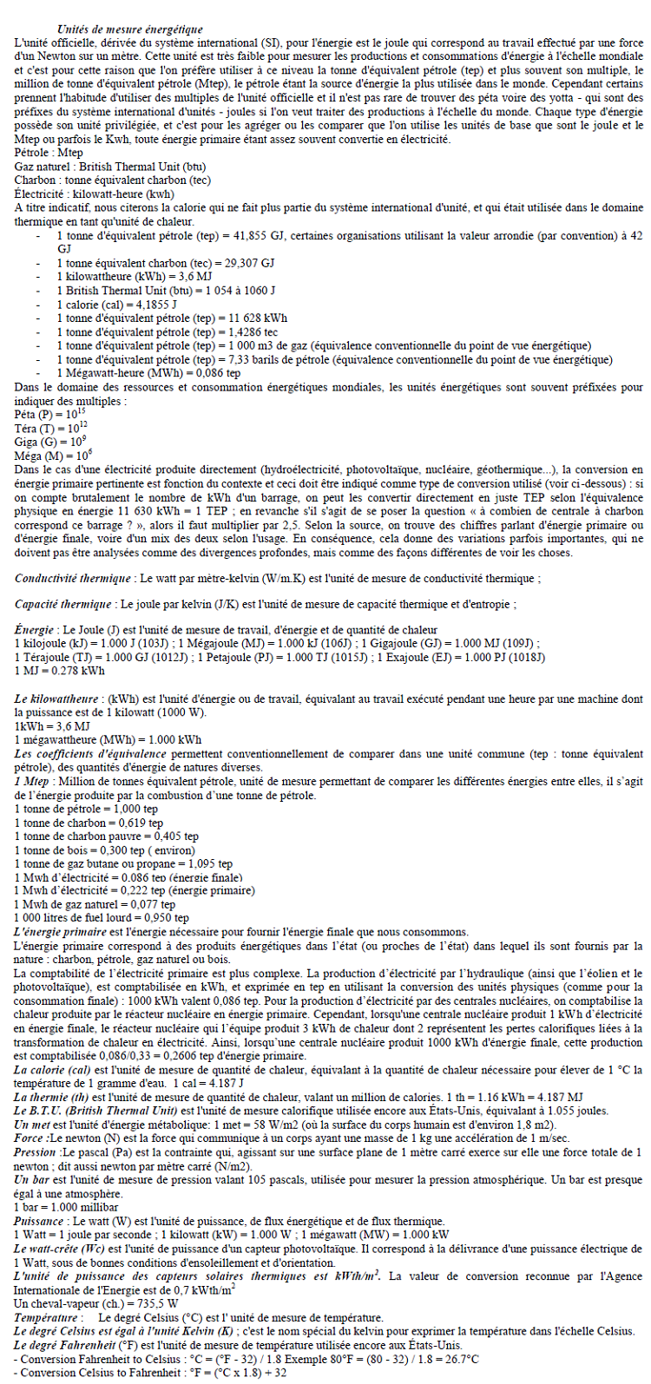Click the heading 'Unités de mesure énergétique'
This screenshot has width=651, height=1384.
click(x=129, y=30)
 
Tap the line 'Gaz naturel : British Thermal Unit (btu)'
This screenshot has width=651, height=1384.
click(x=110, y=167)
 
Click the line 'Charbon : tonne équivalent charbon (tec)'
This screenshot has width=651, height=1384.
click(x=113, y=180)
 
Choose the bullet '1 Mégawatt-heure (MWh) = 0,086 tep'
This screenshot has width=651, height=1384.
click(x=148, y=373)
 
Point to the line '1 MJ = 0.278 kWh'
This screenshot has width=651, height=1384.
click(x=60, y=670)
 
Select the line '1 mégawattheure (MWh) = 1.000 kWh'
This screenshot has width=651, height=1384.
click(x=108, y=739)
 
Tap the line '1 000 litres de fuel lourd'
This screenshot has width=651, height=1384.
click(x=102, y=917)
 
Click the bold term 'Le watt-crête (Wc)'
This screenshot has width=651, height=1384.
click(x=62, y=1248)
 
